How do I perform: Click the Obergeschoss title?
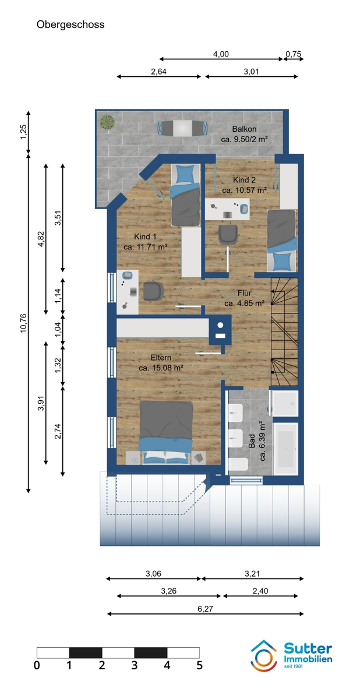(x=70, y=24)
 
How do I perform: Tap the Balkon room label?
(x=244, y=129)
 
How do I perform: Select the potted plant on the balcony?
(x=107, y=121)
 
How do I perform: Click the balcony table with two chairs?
(x=183, y=128)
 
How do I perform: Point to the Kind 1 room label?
(x=145, y=236)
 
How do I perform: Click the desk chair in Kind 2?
(x=228, y=235)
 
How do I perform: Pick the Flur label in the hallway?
(x=245, y=293)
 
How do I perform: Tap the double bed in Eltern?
(x=166, y=432)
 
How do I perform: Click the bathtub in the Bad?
(x=286, y=449)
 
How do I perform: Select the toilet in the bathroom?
(x=238, y=464)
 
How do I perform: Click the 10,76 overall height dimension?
(x=24, y=323)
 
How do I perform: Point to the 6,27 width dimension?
(x=205, y=609)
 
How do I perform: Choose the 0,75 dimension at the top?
(x=294, y=54)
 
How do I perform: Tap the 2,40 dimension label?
(x=260, y=591)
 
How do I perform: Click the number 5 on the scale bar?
(x=200, y=666)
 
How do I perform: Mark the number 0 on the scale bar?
(x=37, y=666)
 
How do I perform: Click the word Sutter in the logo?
(x=308, y=648)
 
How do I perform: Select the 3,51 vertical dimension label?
(x=58, y=218)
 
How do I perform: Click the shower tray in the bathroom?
(x=285, y=403)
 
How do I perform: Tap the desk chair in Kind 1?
(x=153, y=291)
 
